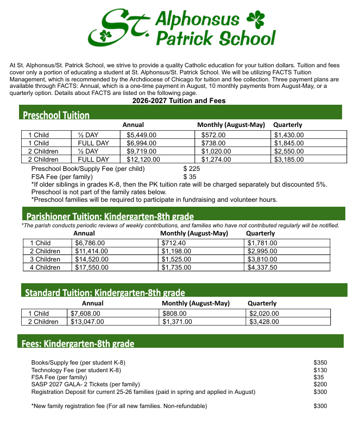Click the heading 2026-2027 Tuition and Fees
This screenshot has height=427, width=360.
179,101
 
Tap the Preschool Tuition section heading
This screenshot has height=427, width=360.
56,114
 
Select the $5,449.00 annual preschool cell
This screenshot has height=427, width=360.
142,135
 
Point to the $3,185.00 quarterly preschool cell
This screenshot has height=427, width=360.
289,160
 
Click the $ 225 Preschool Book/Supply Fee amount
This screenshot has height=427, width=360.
192,169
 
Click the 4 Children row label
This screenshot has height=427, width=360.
45,267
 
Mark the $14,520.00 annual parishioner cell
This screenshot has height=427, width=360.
92,259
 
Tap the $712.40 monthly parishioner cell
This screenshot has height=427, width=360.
174,243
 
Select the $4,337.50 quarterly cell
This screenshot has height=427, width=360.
263,267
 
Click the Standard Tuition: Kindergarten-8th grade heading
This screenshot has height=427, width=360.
105,292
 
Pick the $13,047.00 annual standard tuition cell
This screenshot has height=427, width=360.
87,322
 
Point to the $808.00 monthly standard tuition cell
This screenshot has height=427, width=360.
175,314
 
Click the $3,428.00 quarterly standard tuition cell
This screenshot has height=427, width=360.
264,322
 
